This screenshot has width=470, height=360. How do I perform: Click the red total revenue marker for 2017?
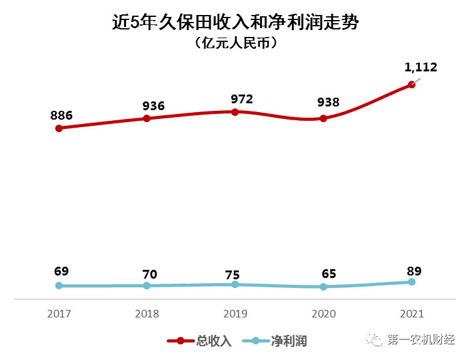59,128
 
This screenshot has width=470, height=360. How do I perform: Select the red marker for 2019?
235,112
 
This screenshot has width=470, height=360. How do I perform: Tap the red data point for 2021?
412,85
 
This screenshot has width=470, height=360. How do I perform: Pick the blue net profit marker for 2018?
147,285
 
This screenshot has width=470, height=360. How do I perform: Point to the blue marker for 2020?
323,287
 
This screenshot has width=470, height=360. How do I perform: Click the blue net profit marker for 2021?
412,282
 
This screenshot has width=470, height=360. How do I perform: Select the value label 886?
61,115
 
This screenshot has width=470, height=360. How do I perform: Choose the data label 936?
153,105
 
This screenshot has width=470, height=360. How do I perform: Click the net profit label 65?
328,274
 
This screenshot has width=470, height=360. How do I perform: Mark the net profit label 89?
414,271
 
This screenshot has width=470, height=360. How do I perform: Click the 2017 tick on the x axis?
59,314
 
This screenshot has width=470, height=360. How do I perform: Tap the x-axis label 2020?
323,314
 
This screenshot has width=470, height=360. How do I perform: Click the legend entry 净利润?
288,341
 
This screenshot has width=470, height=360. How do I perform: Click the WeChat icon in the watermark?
377,339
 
